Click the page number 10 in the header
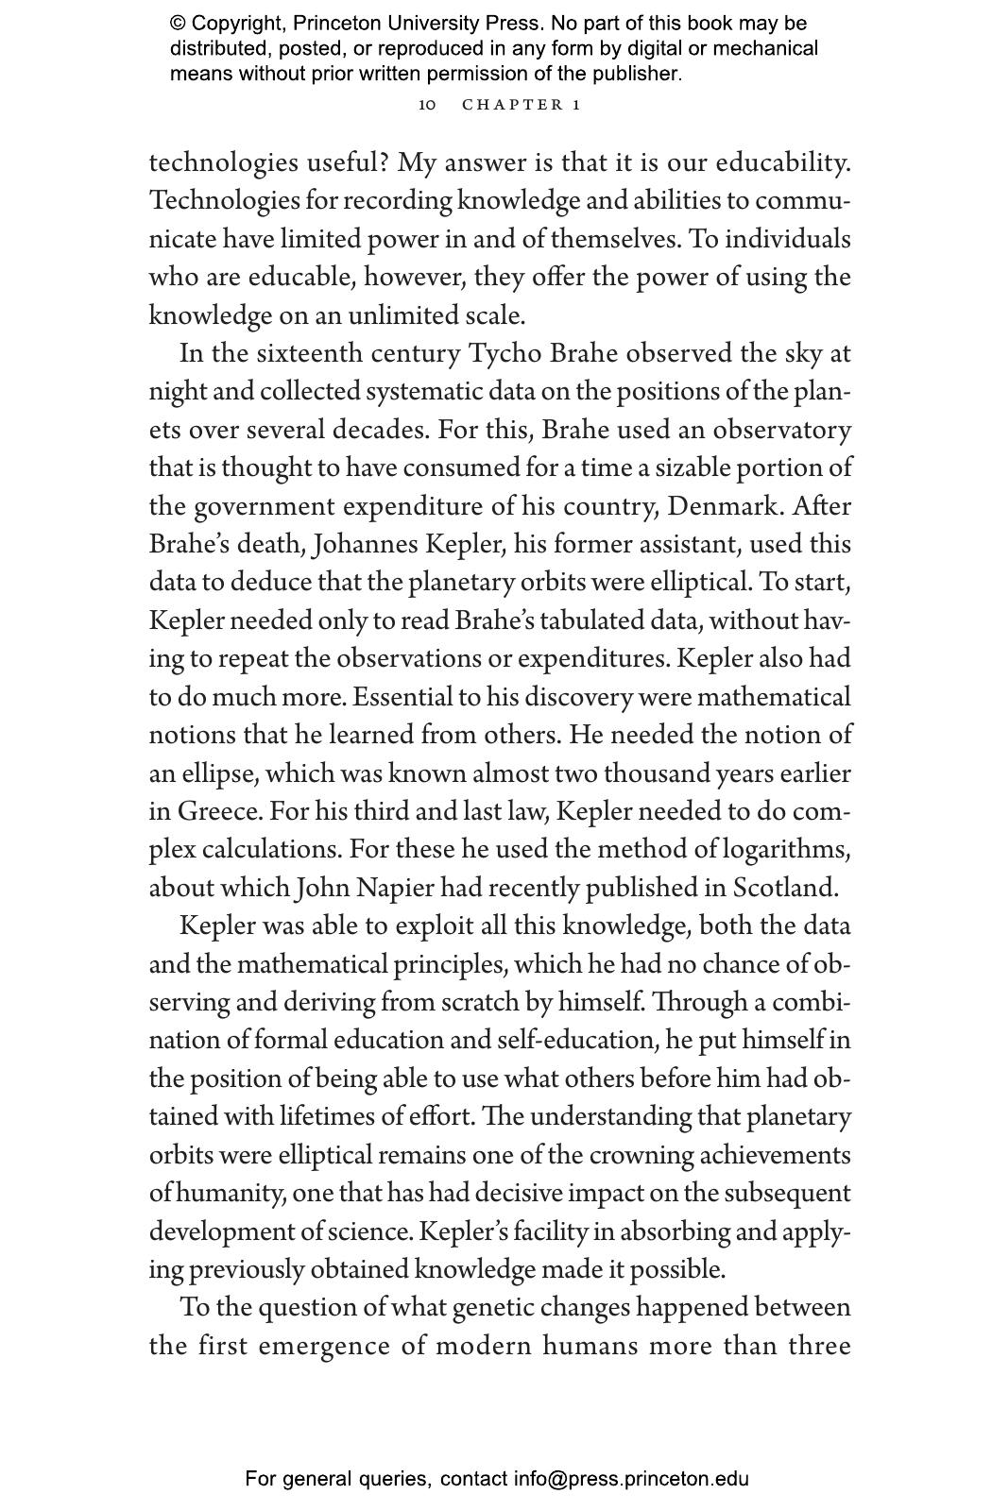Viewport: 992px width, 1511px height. tap(427, 105)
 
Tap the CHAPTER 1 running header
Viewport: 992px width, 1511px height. tap(521, 105)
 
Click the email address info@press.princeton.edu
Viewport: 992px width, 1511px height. tap(631, 1479)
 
